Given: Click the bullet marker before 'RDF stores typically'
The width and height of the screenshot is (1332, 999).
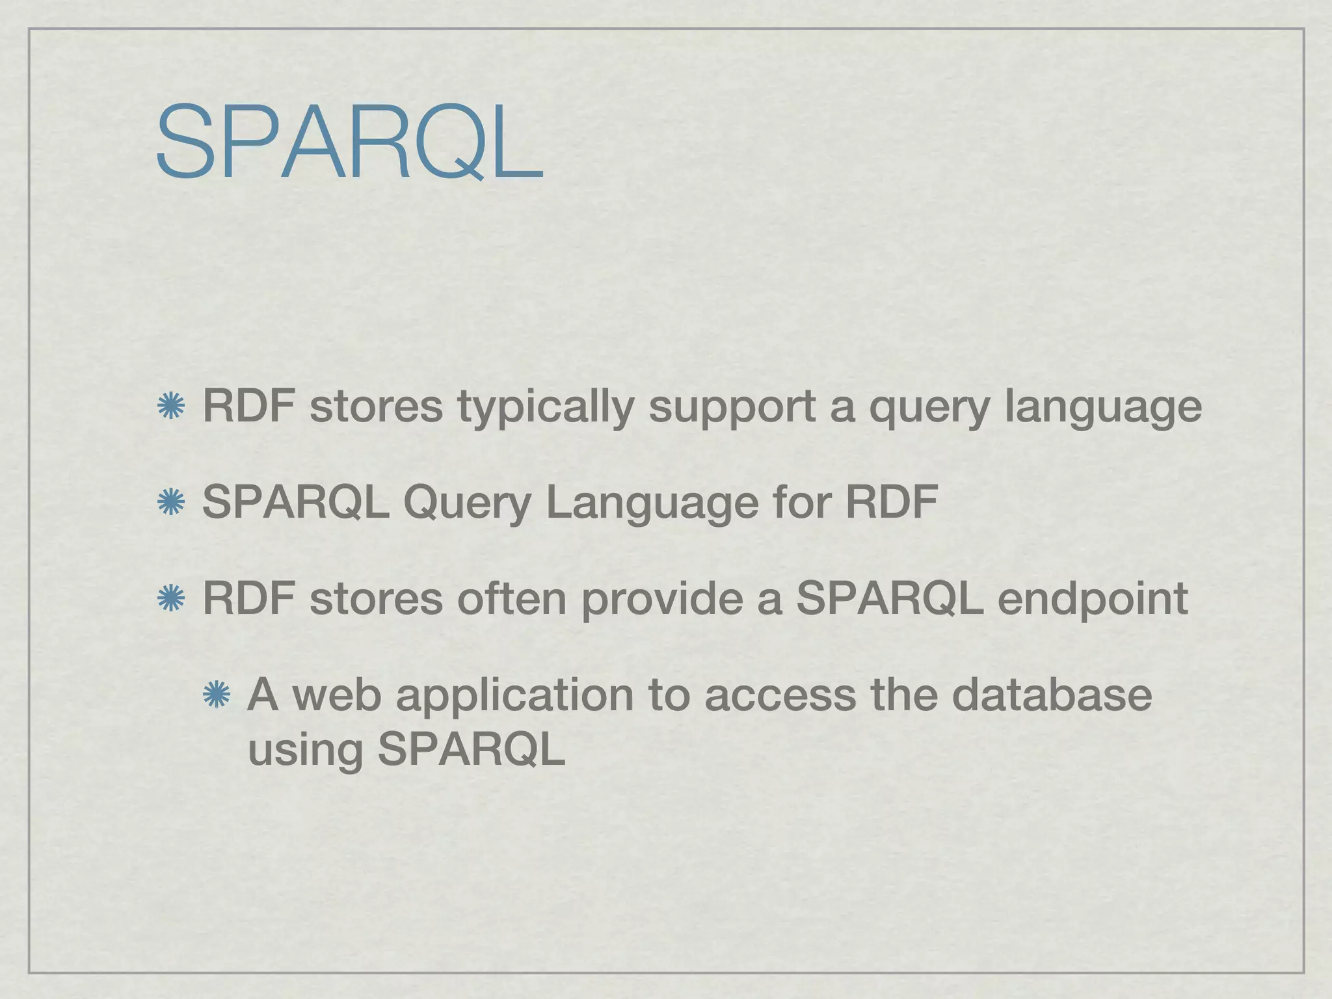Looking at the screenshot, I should [171, 406].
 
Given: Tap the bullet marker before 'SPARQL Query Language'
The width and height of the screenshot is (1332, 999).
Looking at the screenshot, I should [171, 503].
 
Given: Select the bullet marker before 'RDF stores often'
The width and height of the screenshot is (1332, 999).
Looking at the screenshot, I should [171, 598].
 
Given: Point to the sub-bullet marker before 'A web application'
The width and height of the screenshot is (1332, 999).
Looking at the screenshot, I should [216, 695].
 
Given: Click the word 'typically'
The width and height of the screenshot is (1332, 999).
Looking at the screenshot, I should [545, 406].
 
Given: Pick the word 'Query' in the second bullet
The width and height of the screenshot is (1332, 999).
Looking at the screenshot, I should [466, 503].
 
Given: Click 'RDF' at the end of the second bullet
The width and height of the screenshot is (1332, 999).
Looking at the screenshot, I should [891, 501].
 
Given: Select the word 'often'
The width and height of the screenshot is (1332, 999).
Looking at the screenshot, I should [511, 598].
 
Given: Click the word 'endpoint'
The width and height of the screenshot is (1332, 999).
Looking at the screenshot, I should [1092, 598].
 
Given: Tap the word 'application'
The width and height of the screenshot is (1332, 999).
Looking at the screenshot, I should [514, 695].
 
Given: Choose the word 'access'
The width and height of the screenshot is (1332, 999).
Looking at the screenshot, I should [780, 695].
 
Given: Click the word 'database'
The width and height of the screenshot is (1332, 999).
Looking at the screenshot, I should [1052, 694].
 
